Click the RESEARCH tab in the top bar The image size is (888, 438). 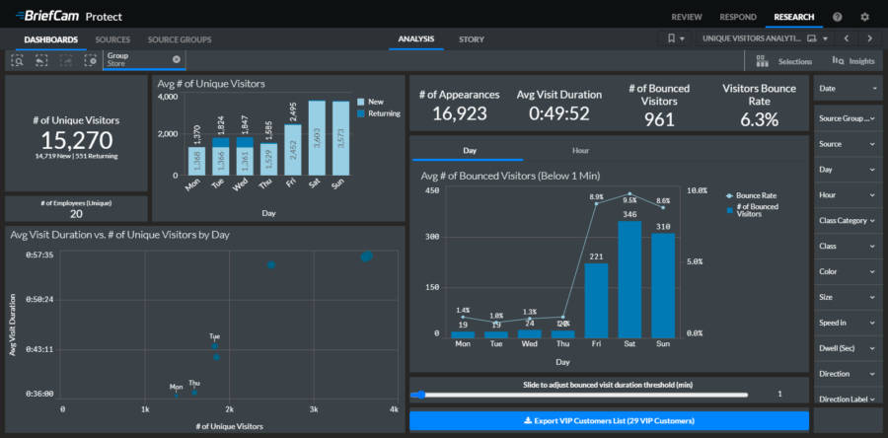[x=794, y=17]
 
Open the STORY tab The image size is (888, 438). [x=471, y=39]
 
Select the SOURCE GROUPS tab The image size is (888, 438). [x=180, y=39]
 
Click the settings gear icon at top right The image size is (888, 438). [x=865, y=17]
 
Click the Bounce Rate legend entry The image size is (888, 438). [x=755, y=195]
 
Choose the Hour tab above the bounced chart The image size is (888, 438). [x=581, y=151]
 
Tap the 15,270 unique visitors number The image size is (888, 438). [x=77, y=139]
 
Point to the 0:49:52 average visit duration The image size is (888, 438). [x=558, y=114]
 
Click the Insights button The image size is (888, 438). [x=853, y=61]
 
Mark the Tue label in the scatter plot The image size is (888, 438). [x=214, y=336]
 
